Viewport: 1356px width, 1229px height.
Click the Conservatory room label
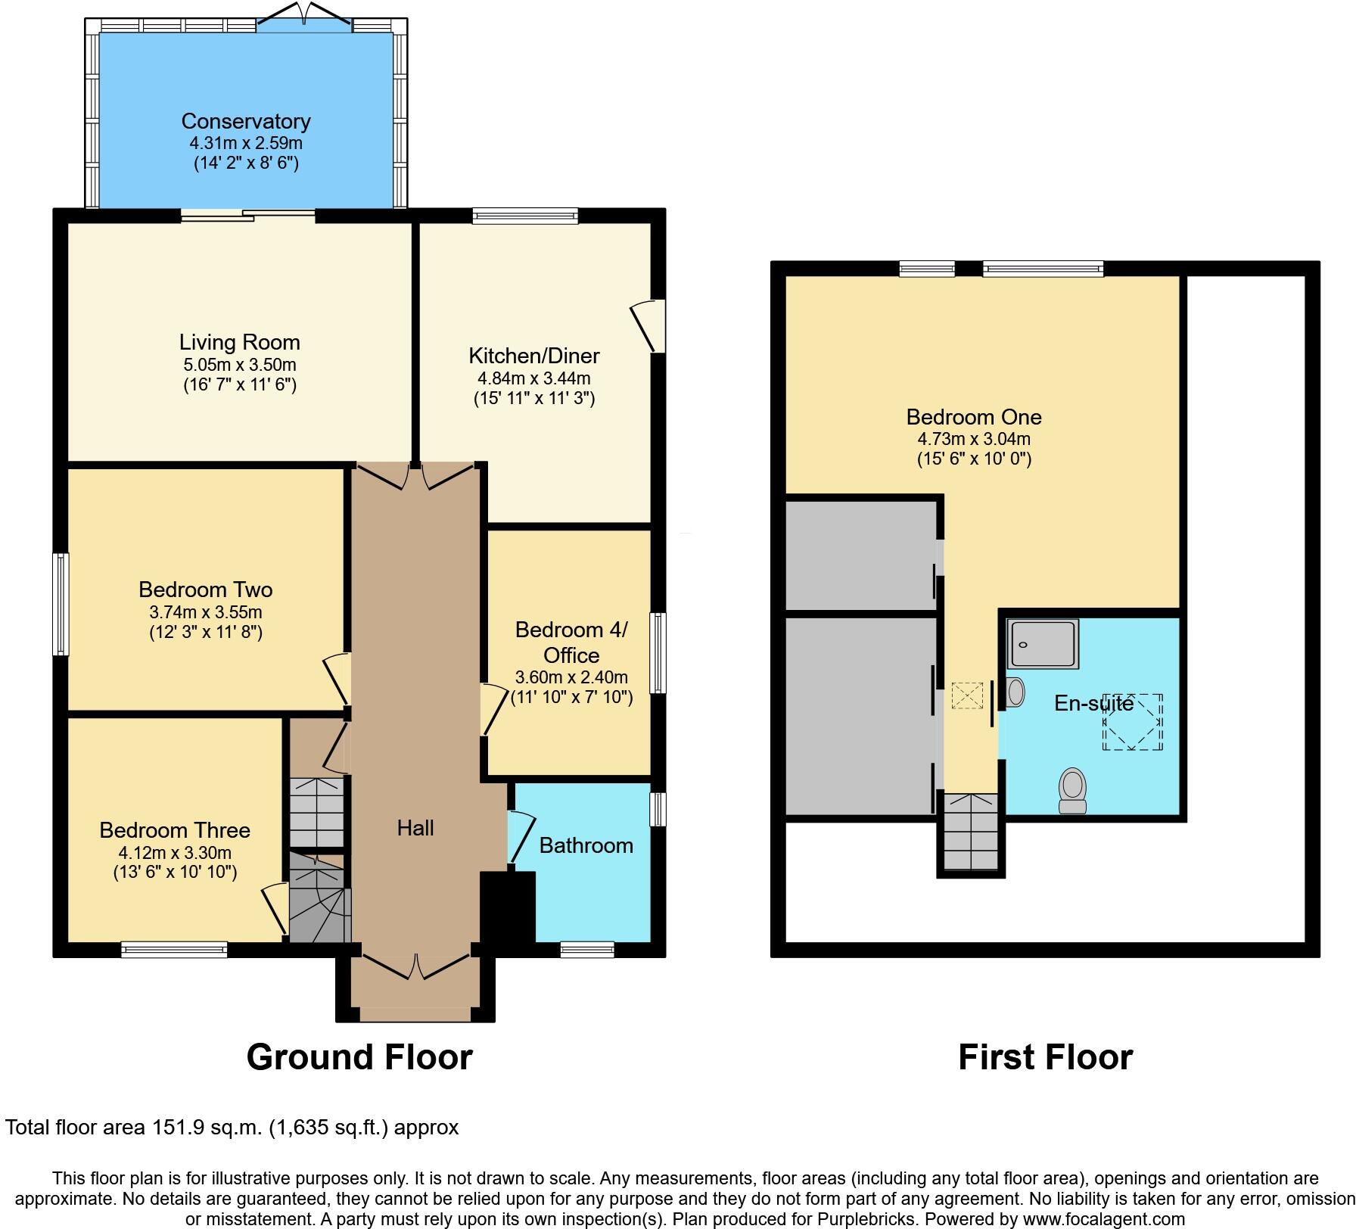[x=246, y=121]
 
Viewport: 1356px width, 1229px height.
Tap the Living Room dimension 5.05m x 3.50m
[x=239, y=364]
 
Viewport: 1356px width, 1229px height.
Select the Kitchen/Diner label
[x=533, y=355]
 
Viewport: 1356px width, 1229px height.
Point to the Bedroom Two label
[x=205, y=589]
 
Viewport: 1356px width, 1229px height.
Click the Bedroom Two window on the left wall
[x=61, y=604]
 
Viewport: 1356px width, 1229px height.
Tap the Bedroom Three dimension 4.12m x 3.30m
[x=175, y=852]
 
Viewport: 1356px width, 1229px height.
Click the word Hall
[x=415, y=828]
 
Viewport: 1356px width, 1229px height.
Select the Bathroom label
[x=586, y=845]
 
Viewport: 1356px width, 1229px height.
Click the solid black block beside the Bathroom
[x=508, y=907]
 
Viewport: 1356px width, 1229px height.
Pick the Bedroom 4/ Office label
[x=571, y=642]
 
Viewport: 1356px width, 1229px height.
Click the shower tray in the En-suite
[x=1043, y=644]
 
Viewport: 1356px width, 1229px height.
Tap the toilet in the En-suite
[x=1072, y=791]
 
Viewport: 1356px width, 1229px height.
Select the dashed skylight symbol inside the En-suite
[x=1132, y=721]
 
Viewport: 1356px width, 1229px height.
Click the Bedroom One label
[x=973, y=416]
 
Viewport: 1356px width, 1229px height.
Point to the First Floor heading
[x=1045, y=1056]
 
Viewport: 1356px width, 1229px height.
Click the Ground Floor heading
[x=359, y=1056]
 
